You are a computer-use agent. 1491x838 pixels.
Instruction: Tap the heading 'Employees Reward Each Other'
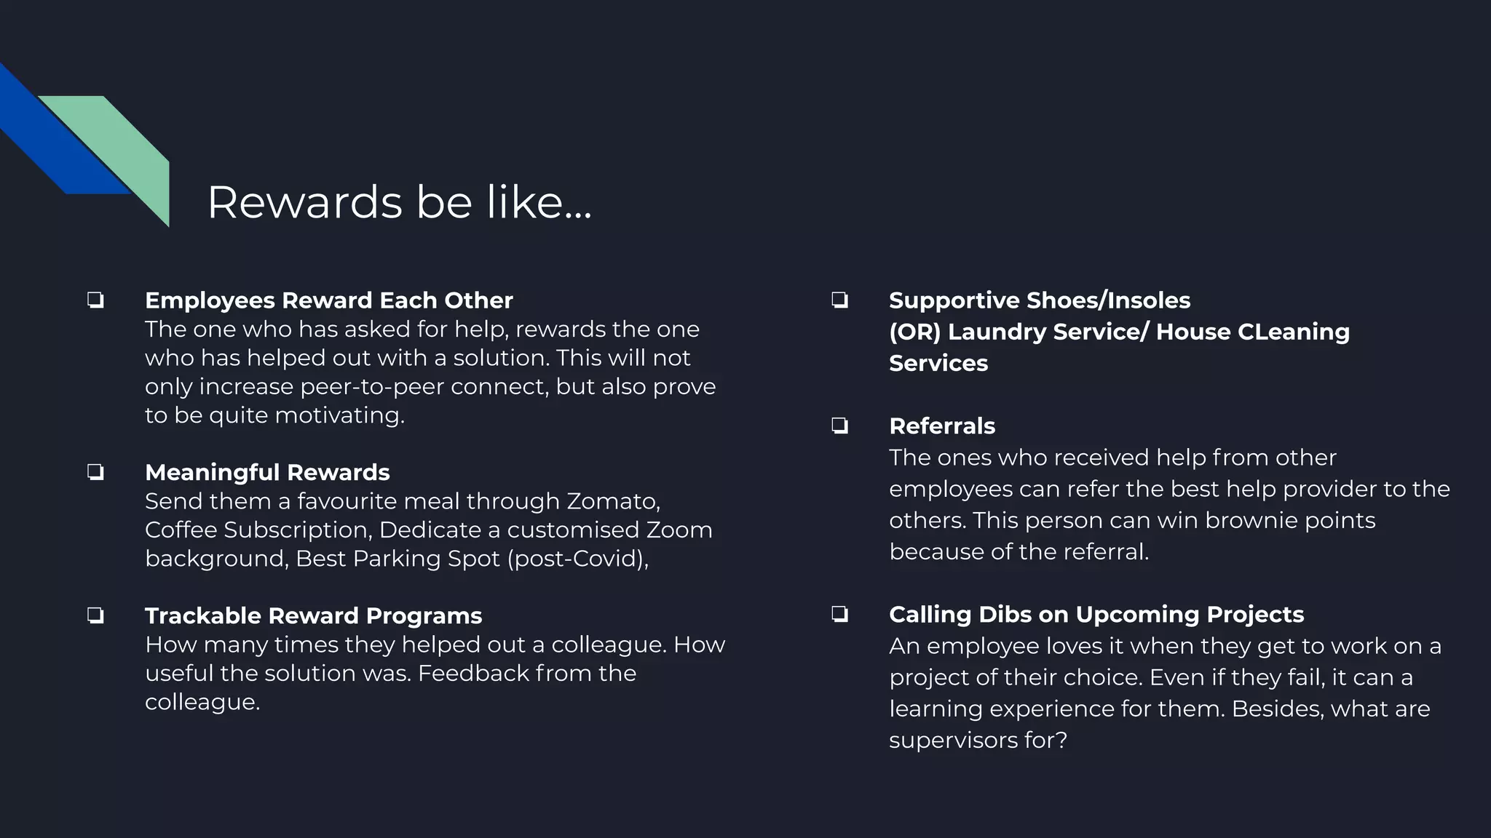pos(328,300)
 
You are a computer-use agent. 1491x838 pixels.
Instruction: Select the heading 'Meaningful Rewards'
pos(267,473)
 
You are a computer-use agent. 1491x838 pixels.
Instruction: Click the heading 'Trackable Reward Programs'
pos(313,616)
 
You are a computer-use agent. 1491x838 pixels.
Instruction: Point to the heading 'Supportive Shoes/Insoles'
pos(1039,300)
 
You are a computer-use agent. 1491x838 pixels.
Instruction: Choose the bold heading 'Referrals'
pos(941,426)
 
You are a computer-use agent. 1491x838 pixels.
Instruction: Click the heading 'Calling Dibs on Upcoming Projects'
pos(1096,615)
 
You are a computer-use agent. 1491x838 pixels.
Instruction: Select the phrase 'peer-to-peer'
pos(371,387)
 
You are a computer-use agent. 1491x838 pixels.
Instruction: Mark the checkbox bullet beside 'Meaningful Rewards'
pos(95,473)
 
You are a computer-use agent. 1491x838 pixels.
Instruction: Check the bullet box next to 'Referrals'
pos(839,426)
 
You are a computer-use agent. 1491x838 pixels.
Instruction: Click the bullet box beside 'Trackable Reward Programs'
pos(95,616)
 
